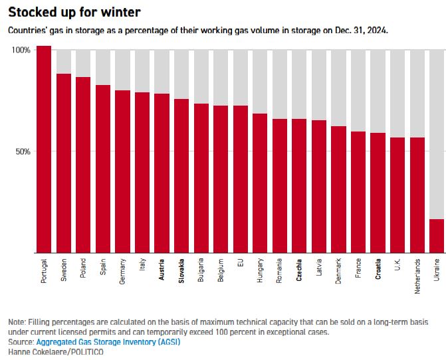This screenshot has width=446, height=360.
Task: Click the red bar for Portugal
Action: click(44, 149)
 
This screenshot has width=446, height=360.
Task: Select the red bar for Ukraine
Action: click(437, 236)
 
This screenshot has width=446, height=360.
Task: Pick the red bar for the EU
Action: click(241, 179)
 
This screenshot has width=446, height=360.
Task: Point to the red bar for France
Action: click(358, 192)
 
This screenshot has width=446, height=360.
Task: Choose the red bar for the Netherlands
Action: click(417, 195)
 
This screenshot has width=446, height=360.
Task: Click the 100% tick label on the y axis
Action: click(21, 50)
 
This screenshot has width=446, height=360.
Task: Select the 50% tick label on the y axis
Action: click(23, 151)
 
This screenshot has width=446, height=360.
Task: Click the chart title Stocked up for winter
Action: click(74, 13)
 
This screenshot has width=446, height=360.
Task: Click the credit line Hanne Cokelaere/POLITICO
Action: click(57, 351)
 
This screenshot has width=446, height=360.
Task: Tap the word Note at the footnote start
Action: click(17, 321)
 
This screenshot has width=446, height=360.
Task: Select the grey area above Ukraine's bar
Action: click(437, 133)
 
